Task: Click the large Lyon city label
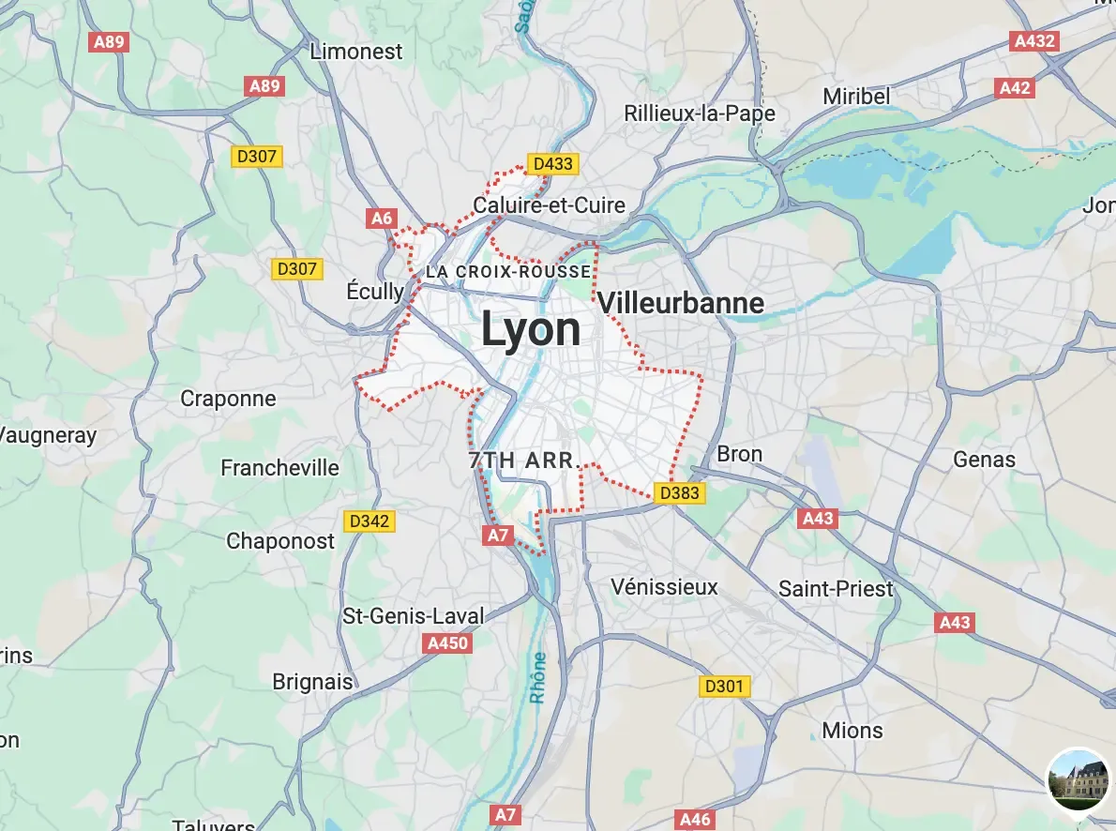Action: tap(531, 330)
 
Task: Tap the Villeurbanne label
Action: tap(680, 303)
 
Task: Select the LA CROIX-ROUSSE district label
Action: tap(508, 272)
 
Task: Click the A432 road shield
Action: tap(1035, 41)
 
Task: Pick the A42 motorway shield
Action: tap(1015, 88)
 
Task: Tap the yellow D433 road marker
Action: tap(552, 164)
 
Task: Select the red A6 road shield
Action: tap(382, 219)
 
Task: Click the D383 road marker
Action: tap(679, 492)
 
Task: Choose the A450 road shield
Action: tap(447, 643)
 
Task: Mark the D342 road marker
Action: tap(369, 521)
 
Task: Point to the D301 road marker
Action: tap(724, 687)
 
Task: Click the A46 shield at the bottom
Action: tap(695, 820)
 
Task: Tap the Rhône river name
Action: tap(538, 678)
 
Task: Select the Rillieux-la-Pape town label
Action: tap(700, 113)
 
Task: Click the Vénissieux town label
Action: tap(664, 587)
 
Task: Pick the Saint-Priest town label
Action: tap(837, 589)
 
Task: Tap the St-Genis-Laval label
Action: tap(414, 616)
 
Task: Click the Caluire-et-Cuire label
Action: tap(550, 205)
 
